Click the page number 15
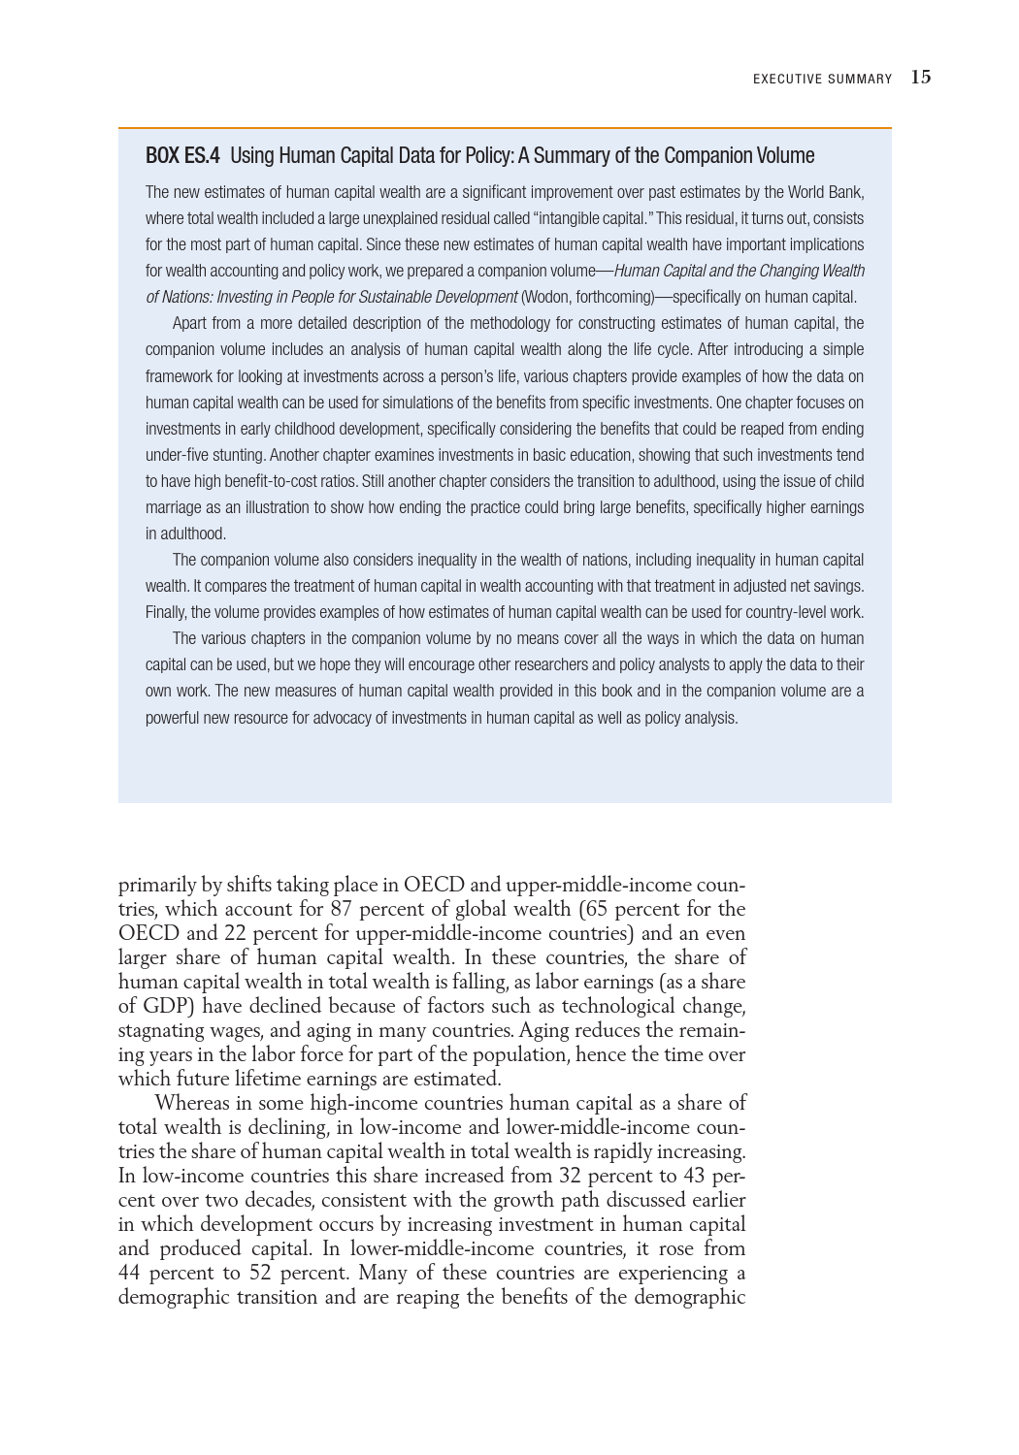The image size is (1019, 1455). tap(920, 78)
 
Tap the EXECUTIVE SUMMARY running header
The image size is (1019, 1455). tap(822, 80)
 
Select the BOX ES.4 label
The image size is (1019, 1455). tap(182, 155)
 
